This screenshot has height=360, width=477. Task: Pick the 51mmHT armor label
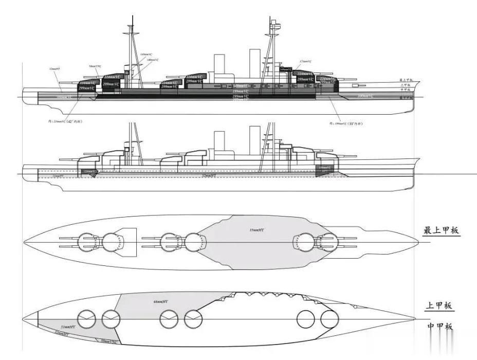69,327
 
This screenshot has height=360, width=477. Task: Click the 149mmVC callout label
145,55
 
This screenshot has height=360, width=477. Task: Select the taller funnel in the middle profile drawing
255,138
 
